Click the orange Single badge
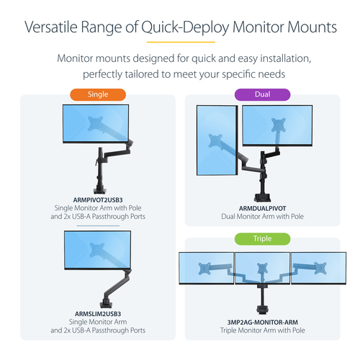click(97, 94)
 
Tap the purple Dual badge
click(262, 94)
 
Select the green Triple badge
click(262, 239)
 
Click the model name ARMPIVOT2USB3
click(97, 199)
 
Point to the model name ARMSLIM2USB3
click(97, 313)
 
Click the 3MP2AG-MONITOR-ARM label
click(262, 321)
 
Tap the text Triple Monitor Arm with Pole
click(262, 330)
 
